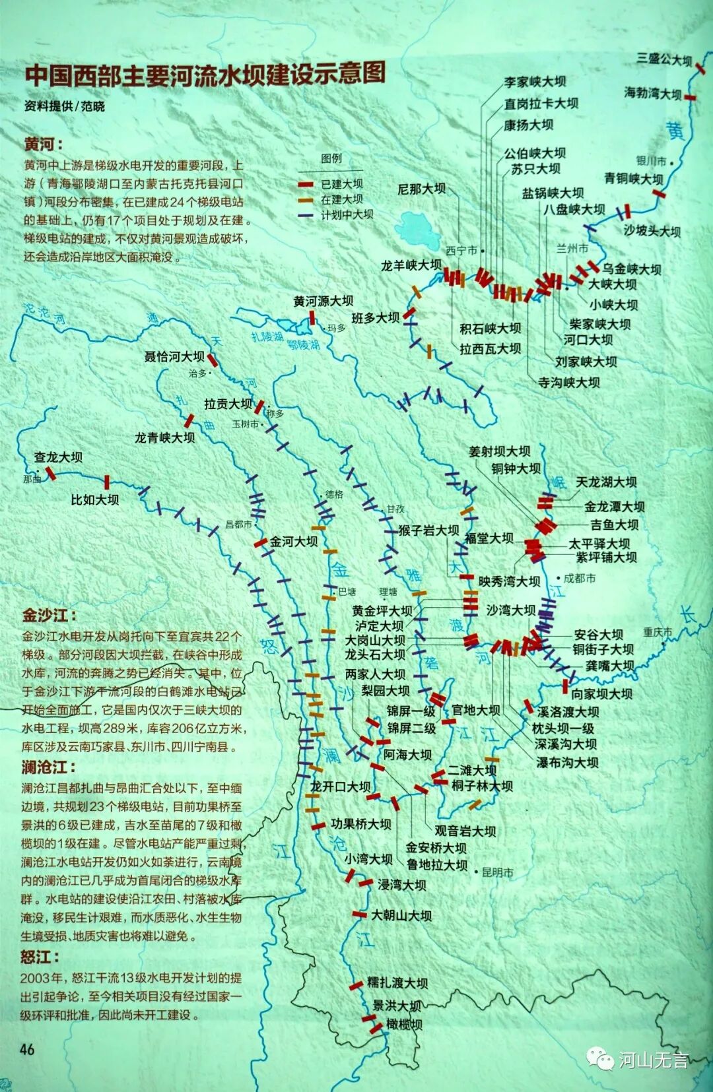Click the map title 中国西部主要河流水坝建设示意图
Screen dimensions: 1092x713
[x=205, y=74]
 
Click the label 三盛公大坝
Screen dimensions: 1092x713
[x=664, y=59]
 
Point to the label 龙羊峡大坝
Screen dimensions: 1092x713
[x=411, y=265]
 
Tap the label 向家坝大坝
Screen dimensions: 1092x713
[x=601, y=693]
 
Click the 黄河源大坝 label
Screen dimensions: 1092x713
[x=323, y=301]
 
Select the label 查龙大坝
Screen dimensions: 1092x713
[x=58, y=457]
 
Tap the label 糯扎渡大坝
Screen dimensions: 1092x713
[x=398, y=982]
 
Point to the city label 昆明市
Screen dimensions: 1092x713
[x=497, y=872]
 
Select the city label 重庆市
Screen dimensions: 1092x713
[x=658, y=632]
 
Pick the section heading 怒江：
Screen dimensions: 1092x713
[x=40, y=957]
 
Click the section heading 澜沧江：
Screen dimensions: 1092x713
[x=49, y=767]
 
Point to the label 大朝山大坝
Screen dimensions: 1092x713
[x=401, y=915]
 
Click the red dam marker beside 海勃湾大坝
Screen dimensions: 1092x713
[x=691, y=98]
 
